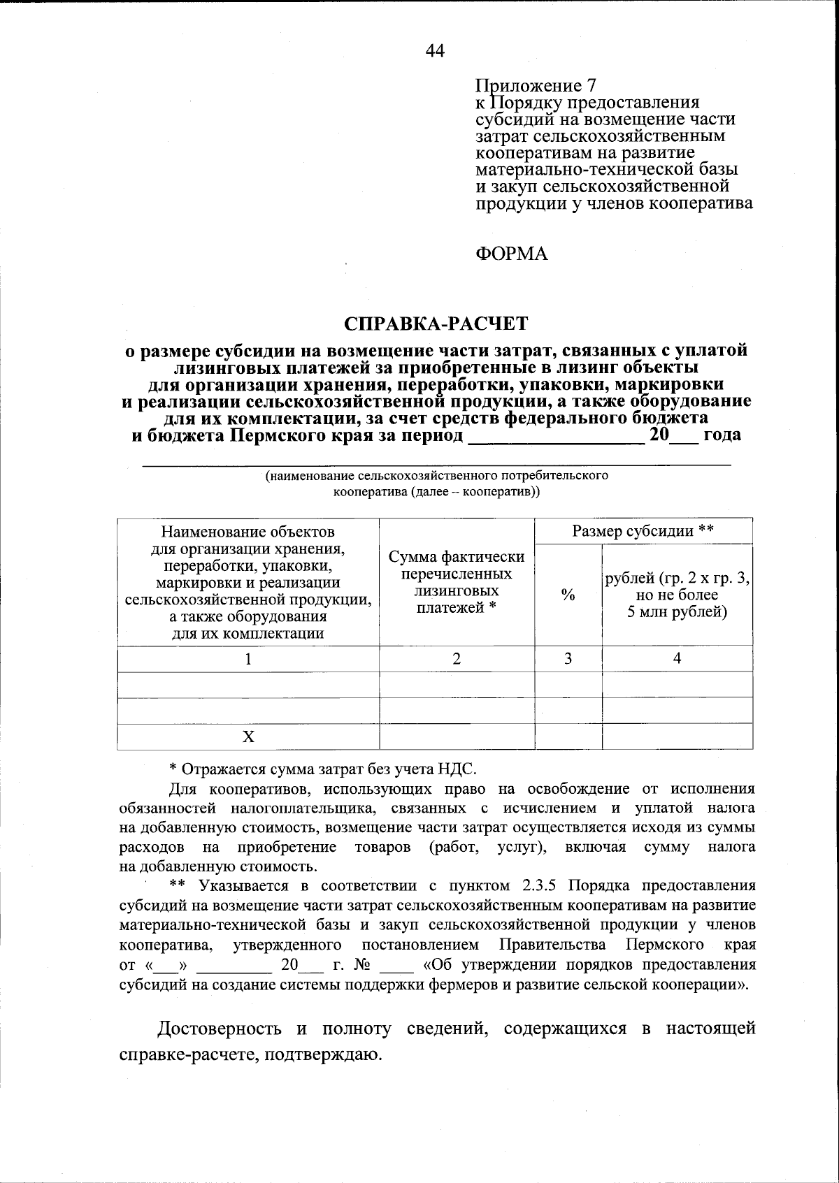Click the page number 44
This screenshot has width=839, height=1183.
click(x=434, y=50)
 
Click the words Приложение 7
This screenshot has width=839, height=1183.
click(x=536, y=86)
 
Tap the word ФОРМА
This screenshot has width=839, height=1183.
click(x=512, y=254)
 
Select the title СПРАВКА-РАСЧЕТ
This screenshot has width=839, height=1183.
click(x=436, y=324)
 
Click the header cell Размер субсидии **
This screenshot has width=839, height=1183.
click(x=643, y=531)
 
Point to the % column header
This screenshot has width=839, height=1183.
click(x=568, y=595)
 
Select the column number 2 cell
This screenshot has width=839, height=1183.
click(x=457, y=658)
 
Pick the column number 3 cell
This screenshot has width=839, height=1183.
click(x=568, y=658)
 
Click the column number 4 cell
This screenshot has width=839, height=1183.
click(x=677, y=658)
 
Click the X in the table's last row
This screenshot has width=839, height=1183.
click(x=248, y=737)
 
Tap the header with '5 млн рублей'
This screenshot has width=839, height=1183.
click(x=677, y=595)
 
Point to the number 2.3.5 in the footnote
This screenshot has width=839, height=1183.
click(x=538, y=886)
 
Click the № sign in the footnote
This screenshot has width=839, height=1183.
click(x=361, y=965)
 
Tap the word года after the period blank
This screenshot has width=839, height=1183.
click(x=722, y=435)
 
